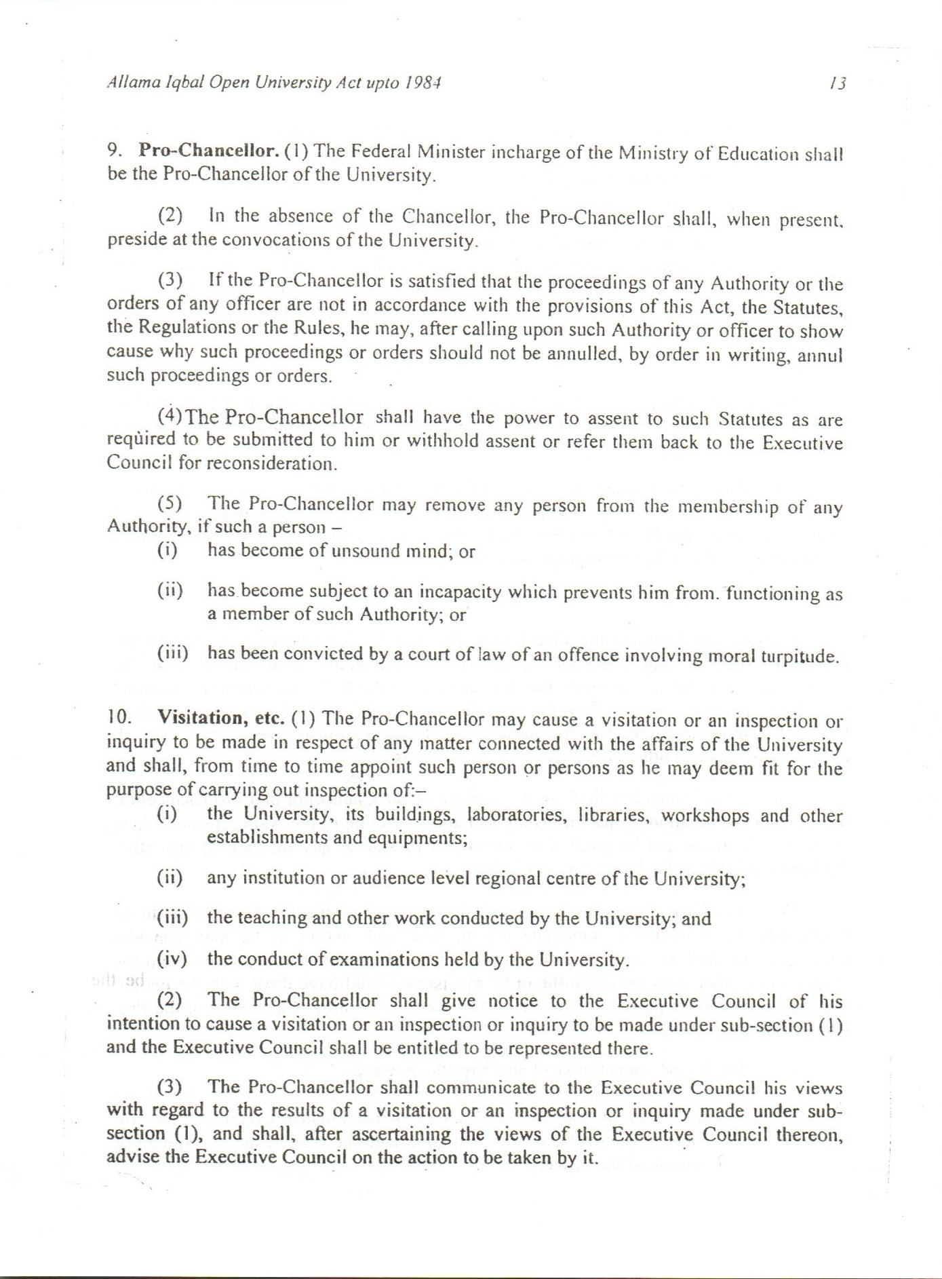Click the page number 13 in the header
click(838, 83)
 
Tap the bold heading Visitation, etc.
click(220, 717)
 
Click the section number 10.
click(118, 717)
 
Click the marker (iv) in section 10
click(172, 959)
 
